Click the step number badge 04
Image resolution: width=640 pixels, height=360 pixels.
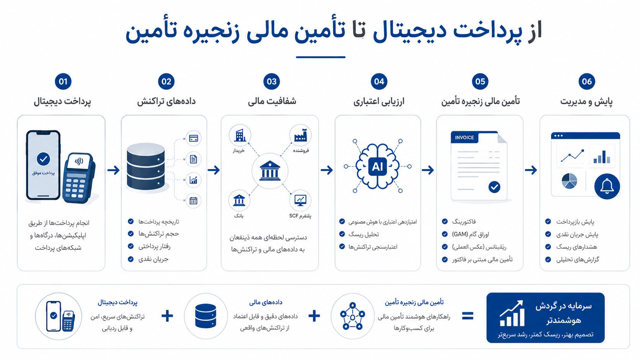(x=379, y=81)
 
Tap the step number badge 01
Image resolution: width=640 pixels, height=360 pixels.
(x=63, y=81)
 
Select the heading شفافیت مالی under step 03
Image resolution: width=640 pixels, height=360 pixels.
(x=272, y=101)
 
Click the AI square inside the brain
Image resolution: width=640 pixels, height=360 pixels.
(x=377, y=166)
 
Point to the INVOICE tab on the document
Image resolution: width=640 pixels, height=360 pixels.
(x=465, y=137)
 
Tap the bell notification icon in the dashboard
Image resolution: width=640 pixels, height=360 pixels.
(x=607, y=186)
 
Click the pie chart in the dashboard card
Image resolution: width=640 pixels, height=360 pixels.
(x=569, y=181)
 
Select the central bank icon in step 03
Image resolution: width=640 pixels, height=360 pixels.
(x=270, y=171)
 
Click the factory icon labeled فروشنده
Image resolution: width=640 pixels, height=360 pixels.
(x=300, y=135)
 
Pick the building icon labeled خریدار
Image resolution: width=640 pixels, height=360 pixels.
(x=240, y=135)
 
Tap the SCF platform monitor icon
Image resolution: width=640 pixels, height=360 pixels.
(x=300, y=200)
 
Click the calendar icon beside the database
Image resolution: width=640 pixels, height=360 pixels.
(x=193, y=201)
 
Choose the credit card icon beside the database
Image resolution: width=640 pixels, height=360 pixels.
(x=193, y=138)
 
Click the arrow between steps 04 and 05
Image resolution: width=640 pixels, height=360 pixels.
(x=428, y=170)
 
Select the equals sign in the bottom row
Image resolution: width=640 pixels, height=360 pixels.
(x=468, y=316)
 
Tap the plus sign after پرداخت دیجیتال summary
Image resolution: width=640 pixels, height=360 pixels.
(x=167, y=316)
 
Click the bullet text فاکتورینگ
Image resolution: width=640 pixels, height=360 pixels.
(x=464, y=222)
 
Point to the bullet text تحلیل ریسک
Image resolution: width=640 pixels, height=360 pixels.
(x=363, y=234)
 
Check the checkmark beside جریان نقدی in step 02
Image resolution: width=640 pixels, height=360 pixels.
(x=131, y=259)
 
